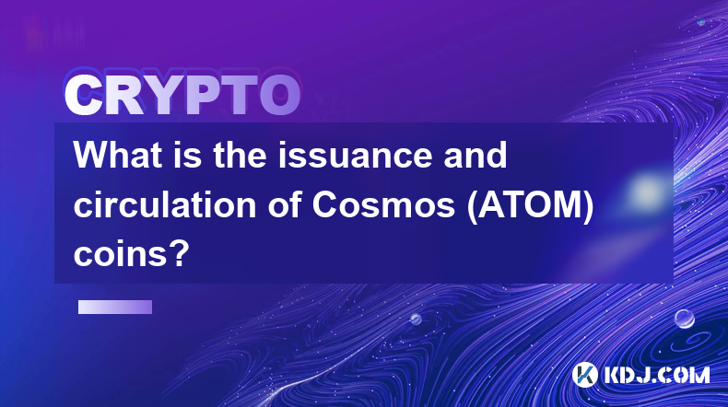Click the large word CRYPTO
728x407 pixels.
[182, 95]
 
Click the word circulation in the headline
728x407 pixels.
[165, 204]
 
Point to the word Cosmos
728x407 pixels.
[383, 204]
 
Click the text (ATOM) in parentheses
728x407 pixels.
[530, 205]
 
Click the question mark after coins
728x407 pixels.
[181, 253]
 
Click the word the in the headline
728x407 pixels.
[240, 155]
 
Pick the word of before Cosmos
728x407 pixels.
[284, 204]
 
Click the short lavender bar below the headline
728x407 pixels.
[115, 307]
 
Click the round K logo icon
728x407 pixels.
[585, 375]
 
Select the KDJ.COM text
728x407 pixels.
[656, 375]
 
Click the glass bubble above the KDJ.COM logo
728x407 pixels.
[685, 319]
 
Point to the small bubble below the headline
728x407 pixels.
[416, 319]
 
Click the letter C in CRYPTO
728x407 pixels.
[84, 95]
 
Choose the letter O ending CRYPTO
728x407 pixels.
[279, 95]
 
